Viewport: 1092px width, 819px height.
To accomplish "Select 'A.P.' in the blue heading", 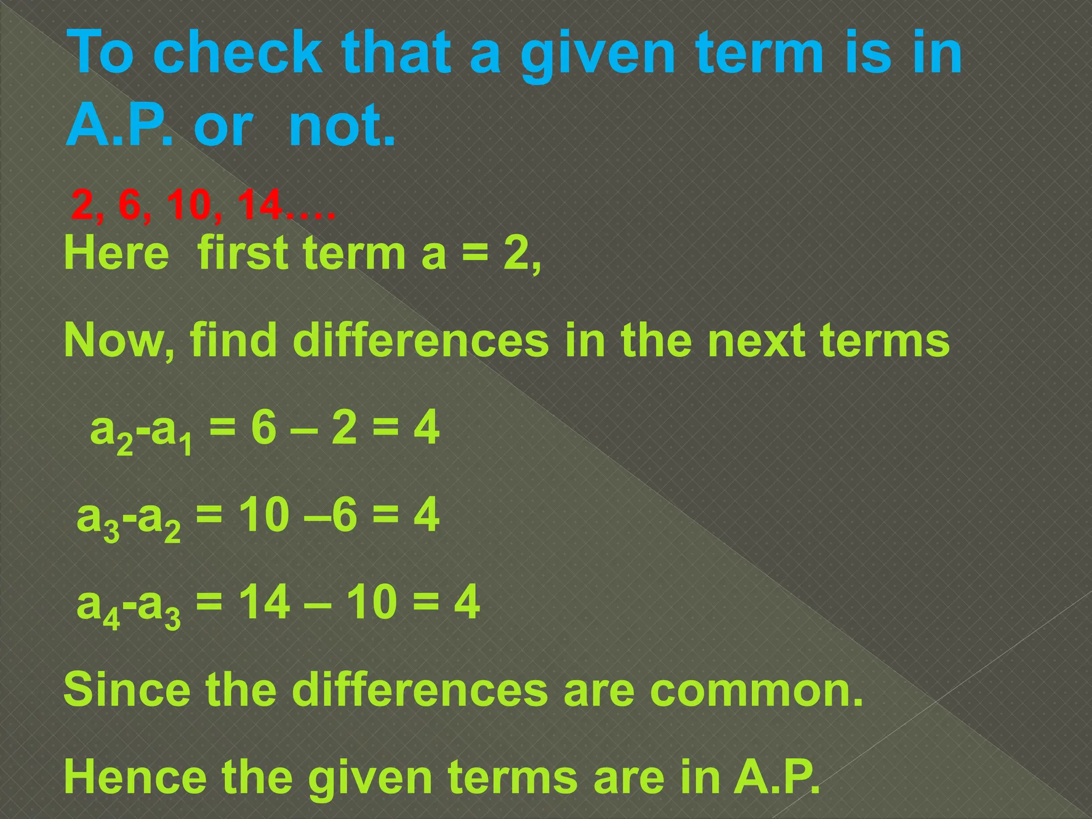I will tap(120, 126).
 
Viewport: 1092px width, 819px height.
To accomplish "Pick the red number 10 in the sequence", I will tap(189, 205).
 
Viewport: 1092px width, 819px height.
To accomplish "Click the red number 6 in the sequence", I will tap(130, 205).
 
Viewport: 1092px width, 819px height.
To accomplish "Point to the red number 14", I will tap(259, 205).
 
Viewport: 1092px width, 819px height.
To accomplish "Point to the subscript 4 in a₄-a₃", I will tap(113, 621).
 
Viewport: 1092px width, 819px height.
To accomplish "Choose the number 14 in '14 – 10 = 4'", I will tap(264, 603).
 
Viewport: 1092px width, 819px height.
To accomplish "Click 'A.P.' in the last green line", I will tap(776, 777).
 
